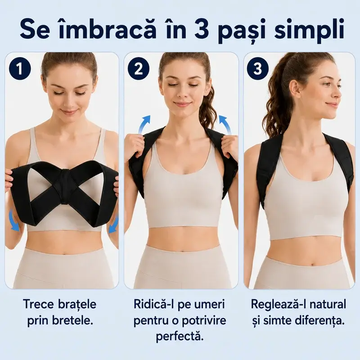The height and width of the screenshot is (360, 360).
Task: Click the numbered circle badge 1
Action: click(x=20, y=69)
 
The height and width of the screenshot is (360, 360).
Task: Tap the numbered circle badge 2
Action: click(x=139, y=69)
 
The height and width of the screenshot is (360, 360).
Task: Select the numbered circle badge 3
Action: click(x=257, y=69)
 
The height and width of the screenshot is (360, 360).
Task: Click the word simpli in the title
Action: click(x=309, y=31)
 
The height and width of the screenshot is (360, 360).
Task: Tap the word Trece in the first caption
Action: click(x=39, y=304)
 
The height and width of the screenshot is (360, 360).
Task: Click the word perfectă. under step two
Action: click(x=180, y=337)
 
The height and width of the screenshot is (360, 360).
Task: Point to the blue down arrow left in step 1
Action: click(x=14, y=221)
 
